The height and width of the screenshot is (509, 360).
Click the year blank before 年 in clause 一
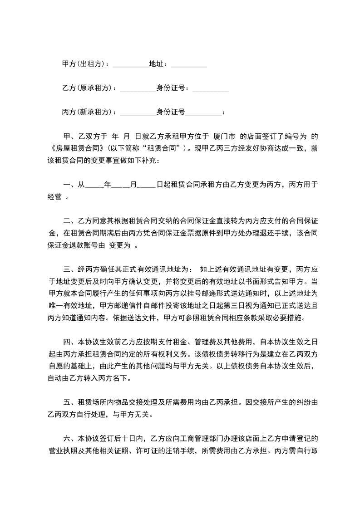(x=94, y=185)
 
